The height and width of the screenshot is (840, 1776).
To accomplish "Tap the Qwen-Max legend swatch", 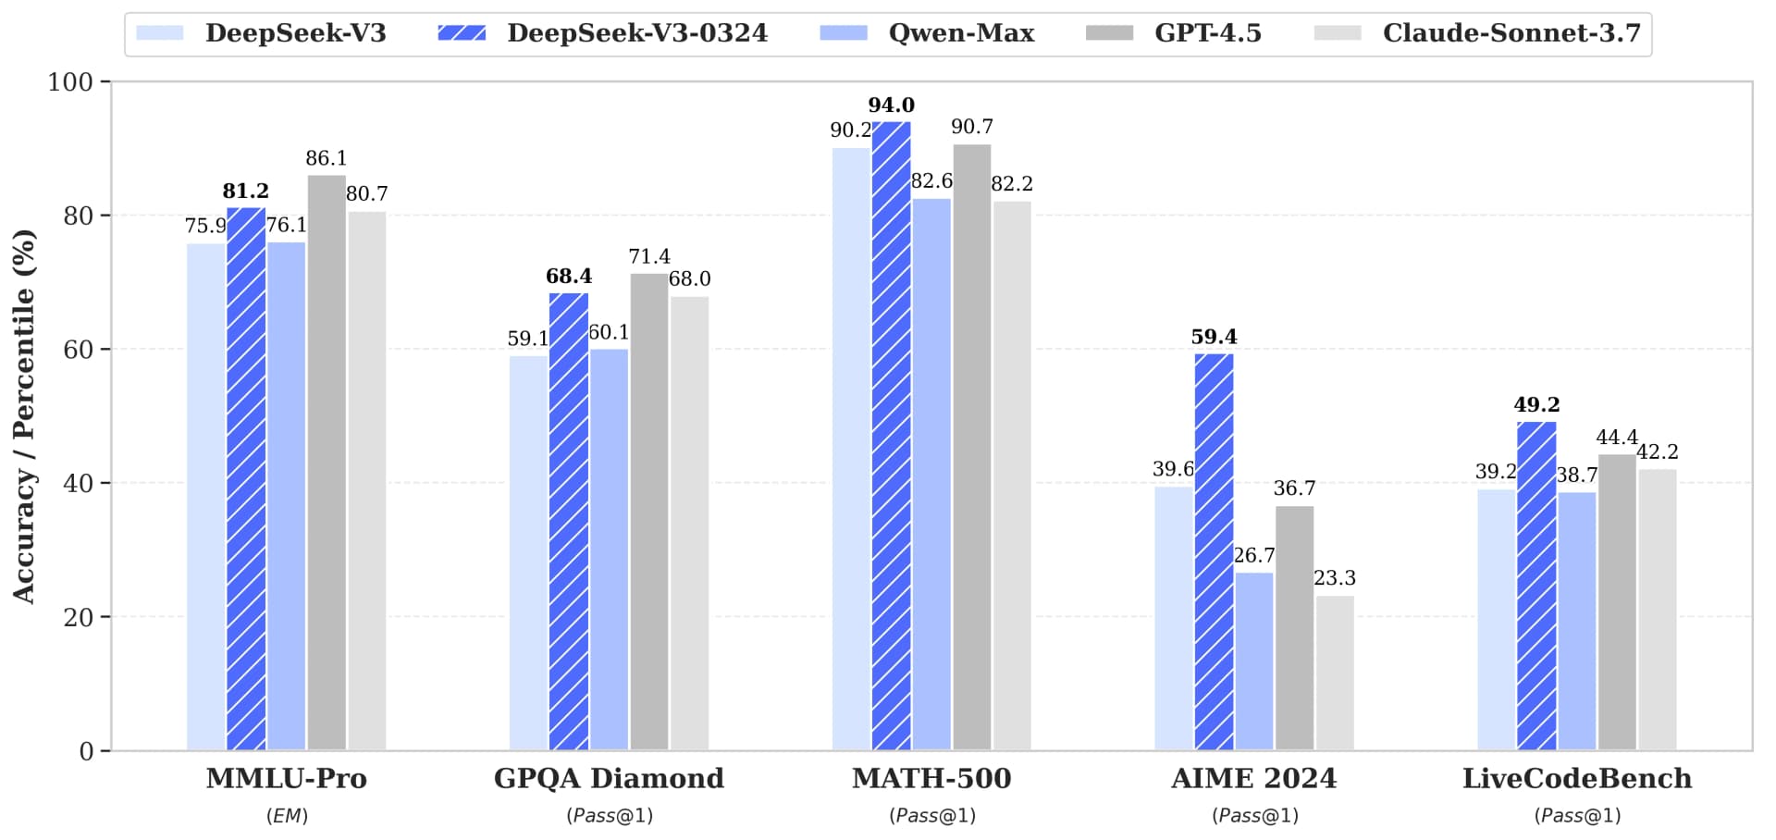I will [843, 33].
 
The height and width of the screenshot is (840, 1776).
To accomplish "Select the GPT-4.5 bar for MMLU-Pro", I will [327, 463].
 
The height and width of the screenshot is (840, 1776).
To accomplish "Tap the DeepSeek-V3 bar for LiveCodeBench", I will [1496, 620].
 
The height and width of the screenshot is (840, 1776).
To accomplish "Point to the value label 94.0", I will [891, 105].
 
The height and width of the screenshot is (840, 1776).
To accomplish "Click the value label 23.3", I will [1334, 578].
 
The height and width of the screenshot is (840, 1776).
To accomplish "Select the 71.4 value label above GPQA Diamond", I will [648, 256].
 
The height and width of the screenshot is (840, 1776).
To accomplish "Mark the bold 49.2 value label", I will [1535, 405].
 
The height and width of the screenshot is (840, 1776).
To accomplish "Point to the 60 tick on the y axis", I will [78, 350].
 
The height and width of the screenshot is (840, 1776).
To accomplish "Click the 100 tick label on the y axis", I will [70, 82].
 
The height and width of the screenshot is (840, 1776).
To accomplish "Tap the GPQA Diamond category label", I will [609, 778].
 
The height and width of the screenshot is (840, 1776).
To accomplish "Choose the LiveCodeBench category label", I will [1576, 778].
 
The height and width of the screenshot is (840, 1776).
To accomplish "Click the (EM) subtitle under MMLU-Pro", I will [287, 816].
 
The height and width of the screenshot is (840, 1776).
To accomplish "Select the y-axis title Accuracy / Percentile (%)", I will [24, 416].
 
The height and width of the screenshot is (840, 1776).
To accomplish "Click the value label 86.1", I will [326, 158].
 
